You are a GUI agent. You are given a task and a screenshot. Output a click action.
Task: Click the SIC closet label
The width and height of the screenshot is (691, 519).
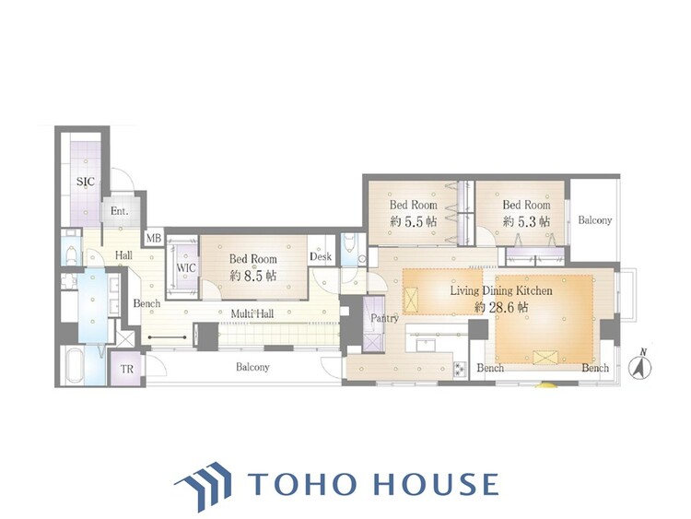click(x=86, y=182)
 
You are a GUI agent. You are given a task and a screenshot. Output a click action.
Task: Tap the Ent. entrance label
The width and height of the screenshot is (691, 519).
click(x=120, y=211)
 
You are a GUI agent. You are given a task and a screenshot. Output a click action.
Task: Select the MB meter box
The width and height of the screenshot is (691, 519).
click(x=154, y=239)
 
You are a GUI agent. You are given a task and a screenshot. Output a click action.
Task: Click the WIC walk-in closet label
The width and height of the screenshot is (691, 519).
click(x=186, y=268)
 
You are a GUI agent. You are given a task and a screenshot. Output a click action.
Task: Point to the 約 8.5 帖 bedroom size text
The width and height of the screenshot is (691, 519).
click(x=253, y=276)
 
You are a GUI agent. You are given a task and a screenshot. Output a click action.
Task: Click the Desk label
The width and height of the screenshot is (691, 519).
click(x=321, y=256)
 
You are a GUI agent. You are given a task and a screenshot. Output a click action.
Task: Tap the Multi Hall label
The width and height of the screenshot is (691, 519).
click(x=252, y=313)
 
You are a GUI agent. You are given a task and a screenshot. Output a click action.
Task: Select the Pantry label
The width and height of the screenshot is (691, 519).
click(x=384, y=318)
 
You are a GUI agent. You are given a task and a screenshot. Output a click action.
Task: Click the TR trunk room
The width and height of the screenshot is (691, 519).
click(x=127, y=368)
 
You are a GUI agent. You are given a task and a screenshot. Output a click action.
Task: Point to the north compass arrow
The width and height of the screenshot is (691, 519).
click(x=639, y=364)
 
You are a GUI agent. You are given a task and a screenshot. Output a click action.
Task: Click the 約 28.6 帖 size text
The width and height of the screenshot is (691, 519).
click(x=501, y=307)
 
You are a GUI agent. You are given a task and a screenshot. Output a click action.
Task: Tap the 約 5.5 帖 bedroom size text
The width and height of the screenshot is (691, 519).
click(x=413, y=221)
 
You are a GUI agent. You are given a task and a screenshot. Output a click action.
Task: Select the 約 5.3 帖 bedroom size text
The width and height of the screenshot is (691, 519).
click(x=526, y=221)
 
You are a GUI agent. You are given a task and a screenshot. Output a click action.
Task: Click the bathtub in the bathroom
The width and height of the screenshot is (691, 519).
click(x=74, y=366)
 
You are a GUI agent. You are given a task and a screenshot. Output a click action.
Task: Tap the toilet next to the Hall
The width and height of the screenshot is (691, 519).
click(x=71, y=254)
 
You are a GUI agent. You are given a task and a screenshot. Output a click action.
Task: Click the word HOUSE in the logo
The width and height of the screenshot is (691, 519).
click(x=437, y=484)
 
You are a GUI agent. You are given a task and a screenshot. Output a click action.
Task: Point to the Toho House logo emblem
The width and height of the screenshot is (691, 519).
click(x=204, y=485)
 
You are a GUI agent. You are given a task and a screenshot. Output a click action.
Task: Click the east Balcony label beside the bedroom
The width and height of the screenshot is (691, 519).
click(x=595, y=220)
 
